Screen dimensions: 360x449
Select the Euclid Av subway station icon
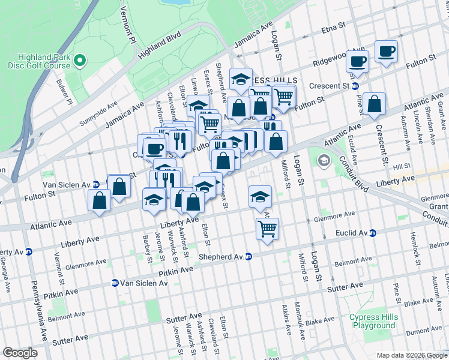tap(372, 233)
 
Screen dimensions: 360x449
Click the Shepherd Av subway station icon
tap(248, 256)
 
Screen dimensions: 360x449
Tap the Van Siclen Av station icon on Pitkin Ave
tap(115, 283)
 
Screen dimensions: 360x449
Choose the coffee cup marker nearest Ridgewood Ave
tap(358, 61)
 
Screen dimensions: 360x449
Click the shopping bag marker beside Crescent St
tap(374, 104)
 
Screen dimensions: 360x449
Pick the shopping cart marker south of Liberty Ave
tap(267, 228)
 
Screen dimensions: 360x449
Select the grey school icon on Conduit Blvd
tap(324, 160)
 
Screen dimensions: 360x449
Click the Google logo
tap(20, 352)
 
